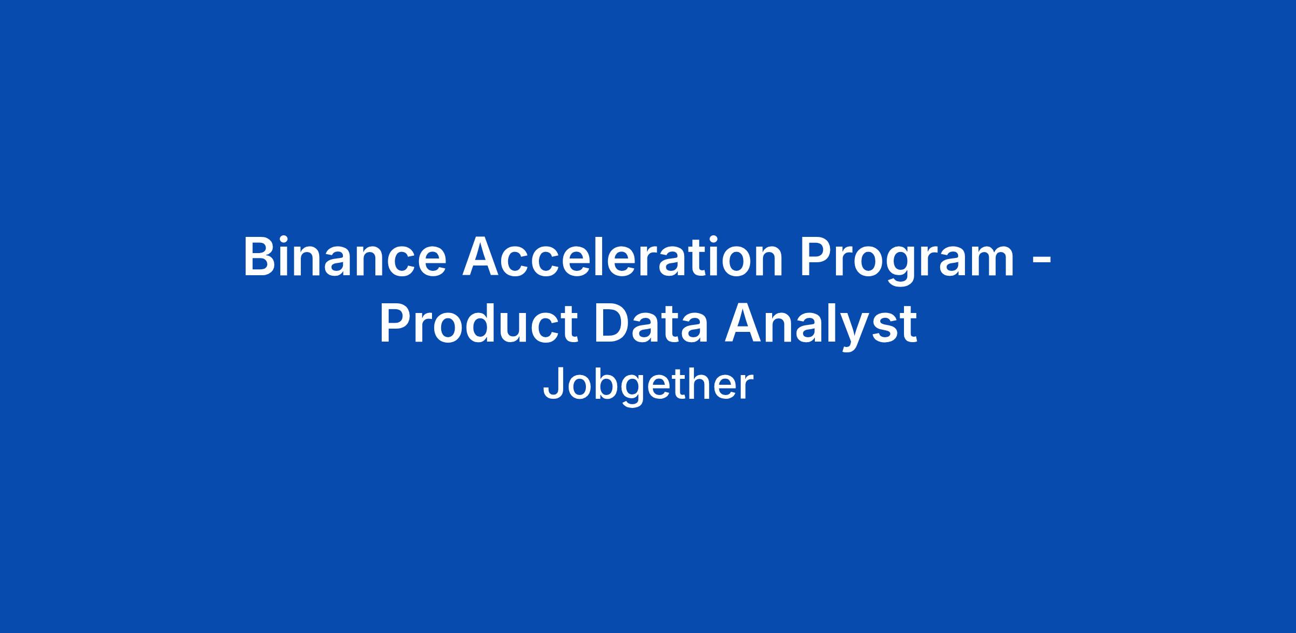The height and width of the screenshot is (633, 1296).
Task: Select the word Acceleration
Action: click(x=623, y=257)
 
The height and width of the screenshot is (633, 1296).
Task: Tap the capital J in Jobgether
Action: click(x=552, y=384)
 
